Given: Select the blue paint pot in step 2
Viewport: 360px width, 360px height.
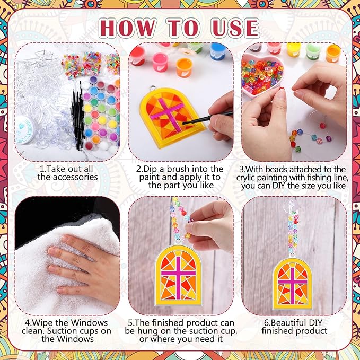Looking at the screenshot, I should point(218,51).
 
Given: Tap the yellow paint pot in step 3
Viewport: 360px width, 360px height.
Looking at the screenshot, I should point(294,50).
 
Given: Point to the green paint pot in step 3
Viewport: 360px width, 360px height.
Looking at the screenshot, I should point(313,50).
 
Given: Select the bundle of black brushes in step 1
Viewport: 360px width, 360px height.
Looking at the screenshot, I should point(78,114).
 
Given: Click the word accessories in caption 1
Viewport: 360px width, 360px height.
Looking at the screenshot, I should point(67,177).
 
